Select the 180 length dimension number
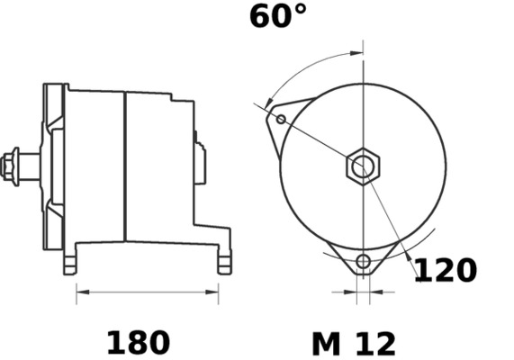click(138, 343)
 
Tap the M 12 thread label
click(354, 343)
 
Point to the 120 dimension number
click(445, 270)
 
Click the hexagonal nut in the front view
click(364, 166)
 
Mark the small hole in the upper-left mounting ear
click(281, 119)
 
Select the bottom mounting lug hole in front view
click(364, 263)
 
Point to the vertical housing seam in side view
click(124, 166)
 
